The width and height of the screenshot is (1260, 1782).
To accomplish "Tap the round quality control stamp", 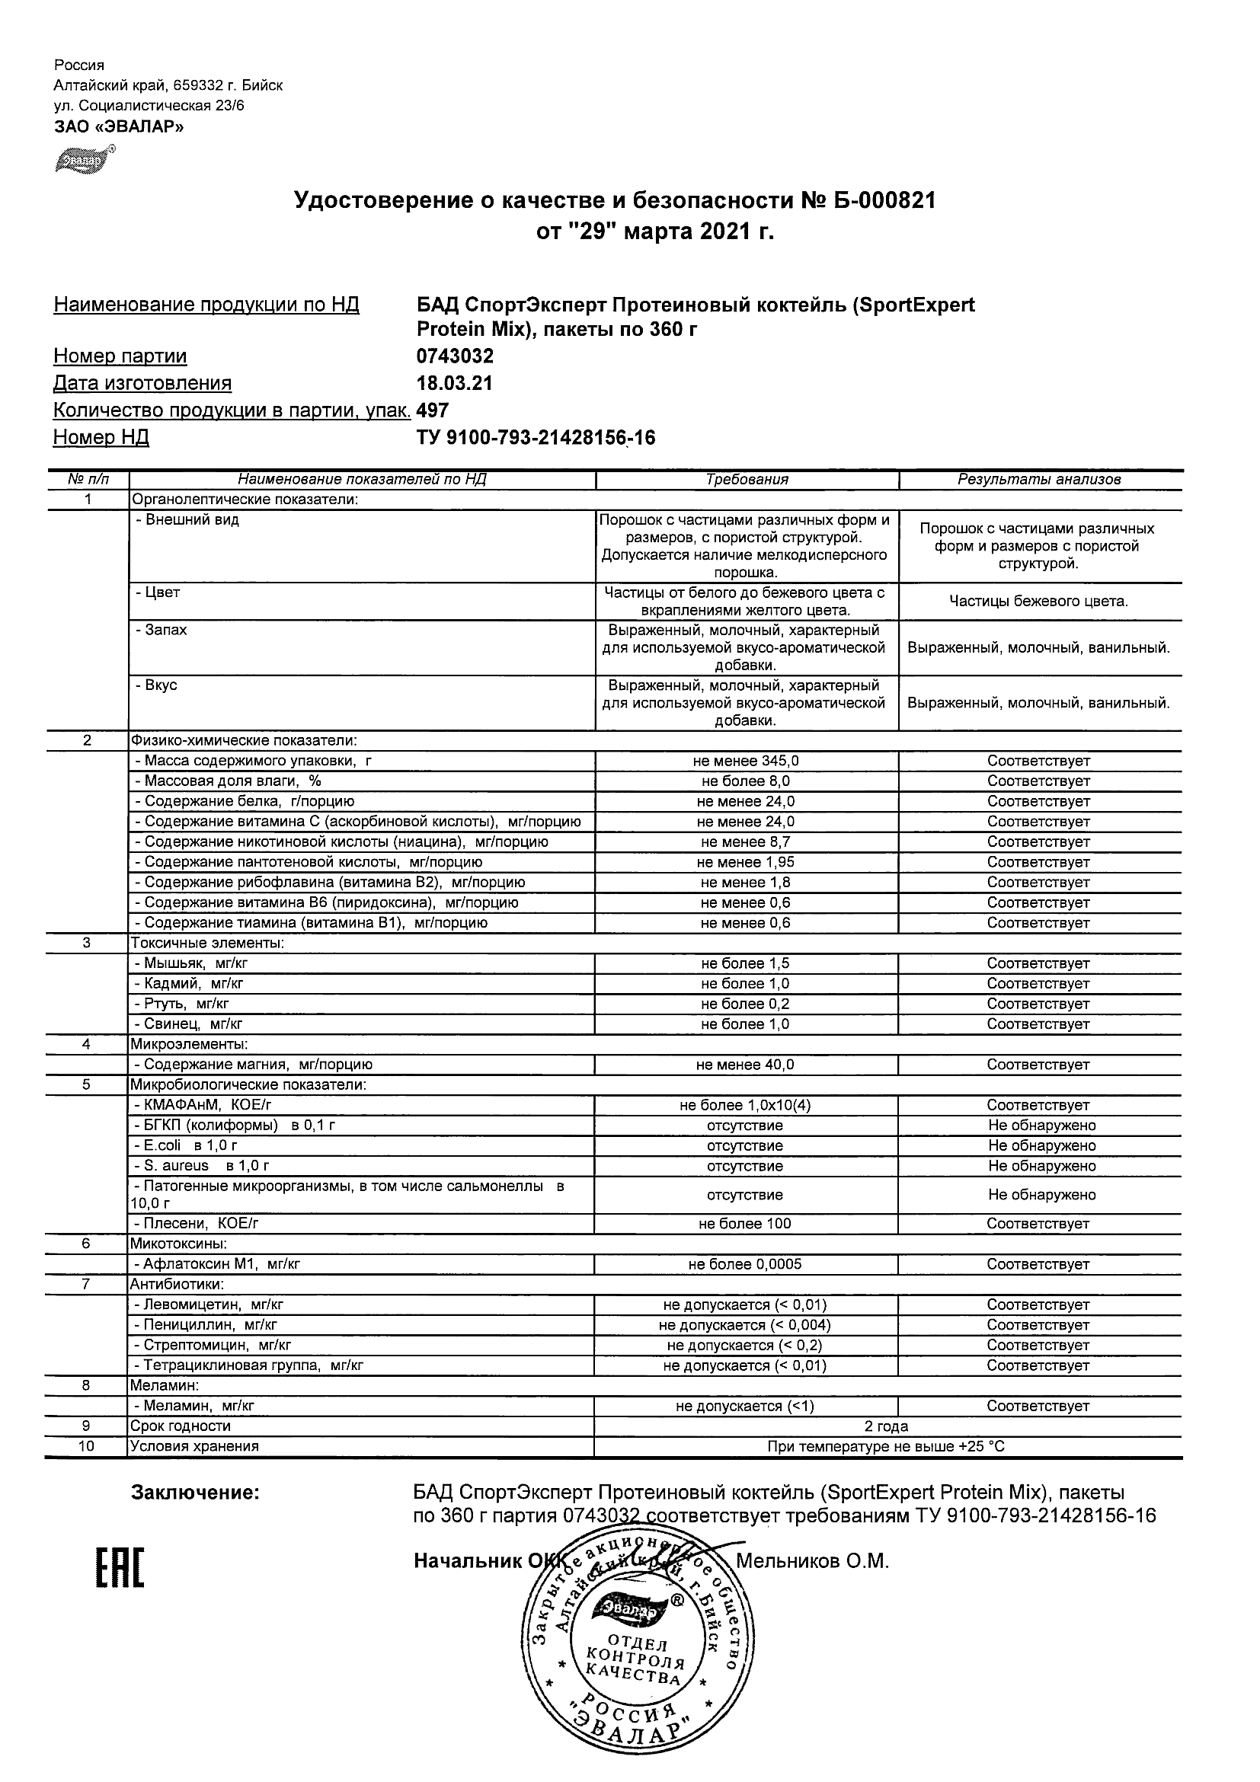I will tap(637, 1653).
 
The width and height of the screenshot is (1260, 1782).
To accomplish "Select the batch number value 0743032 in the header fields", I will tap(455, 356).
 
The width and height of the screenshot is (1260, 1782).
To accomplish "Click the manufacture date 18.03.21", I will tap(454, 383).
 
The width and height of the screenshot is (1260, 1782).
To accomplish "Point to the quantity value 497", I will tap(433, 410).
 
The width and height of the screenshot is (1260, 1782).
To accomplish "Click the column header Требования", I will tap(747, 480).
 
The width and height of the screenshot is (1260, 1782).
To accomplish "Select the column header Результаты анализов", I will tap(1039, 480).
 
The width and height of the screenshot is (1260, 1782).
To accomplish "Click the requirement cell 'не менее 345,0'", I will tap(745, 762).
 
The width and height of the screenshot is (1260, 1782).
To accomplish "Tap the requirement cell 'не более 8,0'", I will tap(745, 781).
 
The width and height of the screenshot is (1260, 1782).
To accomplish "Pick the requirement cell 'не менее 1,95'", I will tap(745, 862).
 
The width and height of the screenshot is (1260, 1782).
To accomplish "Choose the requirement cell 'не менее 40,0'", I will tap(745, 1065).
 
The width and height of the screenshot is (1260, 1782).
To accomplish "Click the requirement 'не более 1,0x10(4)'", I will tap(745, 1105).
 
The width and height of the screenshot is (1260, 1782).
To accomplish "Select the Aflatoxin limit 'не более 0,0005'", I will tap(745, 1264).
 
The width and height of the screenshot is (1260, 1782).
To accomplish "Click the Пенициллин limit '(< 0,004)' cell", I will tap(745, 1325).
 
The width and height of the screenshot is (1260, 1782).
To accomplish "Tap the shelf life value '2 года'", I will tap(886, 1426).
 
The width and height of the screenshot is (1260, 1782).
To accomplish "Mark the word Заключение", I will tap(195, 1493).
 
